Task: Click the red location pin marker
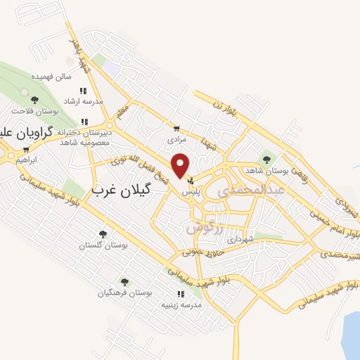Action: click(181, 165)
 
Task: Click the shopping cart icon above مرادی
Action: click(176, 129)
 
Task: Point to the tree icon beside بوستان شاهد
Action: click(266, 158)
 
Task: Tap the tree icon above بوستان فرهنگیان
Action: click(124, 282)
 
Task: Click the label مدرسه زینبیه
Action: click(182, 305)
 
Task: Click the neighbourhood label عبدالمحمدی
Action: click(250, 190)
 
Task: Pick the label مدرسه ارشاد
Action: click(84, 101)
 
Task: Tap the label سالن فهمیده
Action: click(56, 76)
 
